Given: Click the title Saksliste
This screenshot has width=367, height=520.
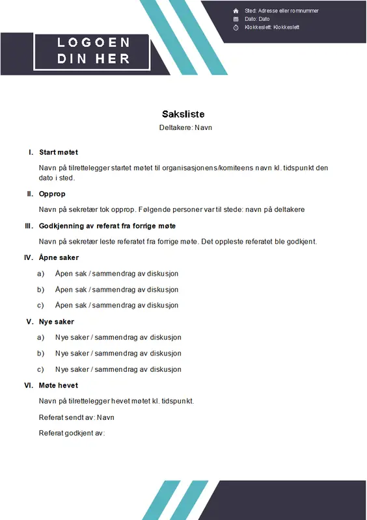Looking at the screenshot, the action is [x=183, y=114].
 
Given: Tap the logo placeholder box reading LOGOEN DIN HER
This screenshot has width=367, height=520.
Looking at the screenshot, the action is [x=93, y=51].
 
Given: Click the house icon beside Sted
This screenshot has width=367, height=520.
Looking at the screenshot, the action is [x=236, y=11].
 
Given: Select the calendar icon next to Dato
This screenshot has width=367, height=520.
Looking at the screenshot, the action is [x=236, y=19].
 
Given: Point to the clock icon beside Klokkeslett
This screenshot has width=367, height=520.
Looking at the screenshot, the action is [x=236, y=27].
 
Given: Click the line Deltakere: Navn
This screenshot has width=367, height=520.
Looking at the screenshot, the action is [x=185, y=128].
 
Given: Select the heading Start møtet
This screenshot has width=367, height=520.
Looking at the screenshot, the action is [x=59, y=152].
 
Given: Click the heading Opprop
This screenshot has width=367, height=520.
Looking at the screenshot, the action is [x=52, y=194].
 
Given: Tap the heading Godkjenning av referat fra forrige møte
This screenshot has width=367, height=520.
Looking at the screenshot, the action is [x=107, y=226].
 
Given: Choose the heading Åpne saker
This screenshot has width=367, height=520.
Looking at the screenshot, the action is [x=59, y=257].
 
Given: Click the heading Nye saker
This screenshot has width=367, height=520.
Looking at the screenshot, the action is [x=57, y=321].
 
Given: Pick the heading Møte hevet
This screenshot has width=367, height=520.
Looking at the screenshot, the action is [x=59, y=385].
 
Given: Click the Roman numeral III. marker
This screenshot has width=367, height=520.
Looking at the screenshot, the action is [x=29, y=226].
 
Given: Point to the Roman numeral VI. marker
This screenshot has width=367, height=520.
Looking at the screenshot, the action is [x=29, y=385].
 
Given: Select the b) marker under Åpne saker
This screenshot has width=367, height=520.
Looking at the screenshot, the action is [x=41, y=289].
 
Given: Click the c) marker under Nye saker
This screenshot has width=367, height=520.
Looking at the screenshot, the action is [x=41, y=369].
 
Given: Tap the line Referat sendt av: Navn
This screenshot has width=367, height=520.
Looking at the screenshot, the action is [x=76, y=417].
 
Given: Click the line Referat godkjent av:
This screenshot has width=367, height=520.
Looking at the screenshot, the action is [x=72, y=433].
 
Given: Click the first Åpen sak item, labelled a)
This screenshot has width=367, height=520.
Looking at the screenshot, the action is [x=116, y=274].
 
